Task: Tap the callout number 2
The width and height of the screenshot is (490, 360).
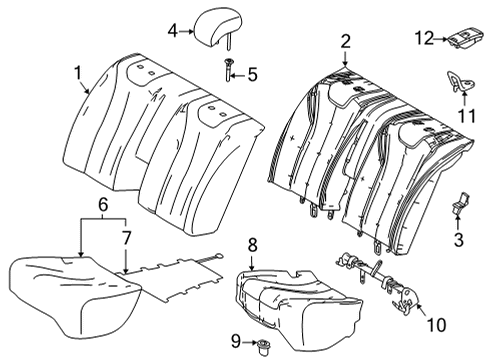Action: [345, 41]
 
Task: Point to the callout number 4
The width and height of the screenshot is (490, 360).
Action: [173, 31]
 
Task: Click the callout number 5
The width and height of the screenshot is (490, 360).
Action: [252, 73]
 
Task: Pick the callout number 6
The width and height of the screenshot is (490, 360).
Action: [102, 205]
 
